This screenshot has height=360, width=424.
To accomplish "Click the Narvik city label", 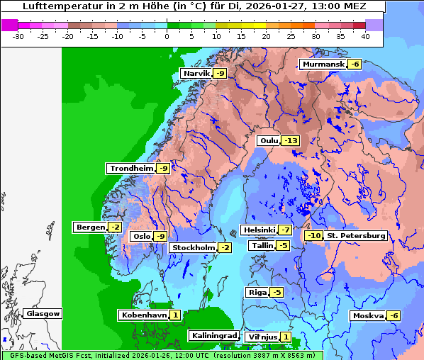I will pos(196,74).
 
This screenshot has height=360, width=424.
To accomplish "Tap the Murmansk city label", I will pos(323,64).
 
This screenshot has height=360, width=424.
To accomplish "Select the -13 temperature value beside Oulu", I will pos(290,141).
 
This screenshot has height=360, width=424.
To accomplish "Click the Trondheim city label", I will pos(131,169).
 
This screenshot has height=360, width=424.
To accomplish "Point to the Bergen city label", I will pos(89,227).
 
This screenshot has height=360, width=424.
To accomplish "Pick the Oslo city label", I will pos(142,237).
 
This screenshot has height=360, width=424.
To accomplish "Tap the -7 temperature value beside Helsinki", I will pos(284,230).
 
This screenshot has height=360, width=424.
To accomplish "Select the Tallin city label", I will pos(262,246).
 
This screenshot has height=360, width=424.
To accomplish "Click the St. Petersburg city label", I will pos(356,236).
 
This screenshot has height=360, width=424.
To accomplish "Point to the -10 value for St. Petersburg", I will pos(313,236).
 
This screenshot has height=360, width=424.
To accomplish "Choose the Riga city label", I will pos(257,293).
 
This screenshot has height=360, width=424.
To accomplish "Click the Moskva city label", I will pos(368,316).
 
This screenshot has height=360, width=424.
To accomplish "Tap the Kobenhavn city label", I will pos(144,315).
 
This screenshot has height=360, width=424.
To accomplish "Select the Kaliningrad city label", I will pos(213,336).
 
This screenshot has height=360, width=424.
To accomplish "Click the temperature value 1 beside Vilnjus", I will pos(285,337).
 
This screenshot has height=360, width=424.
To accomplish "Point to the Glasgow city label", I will pos(43,314).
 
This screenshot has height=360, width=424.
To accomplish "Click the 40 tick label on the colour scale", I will pos(365,35).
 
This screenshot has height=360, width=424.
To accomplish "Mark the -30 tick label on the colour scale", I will pos(18,35).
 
